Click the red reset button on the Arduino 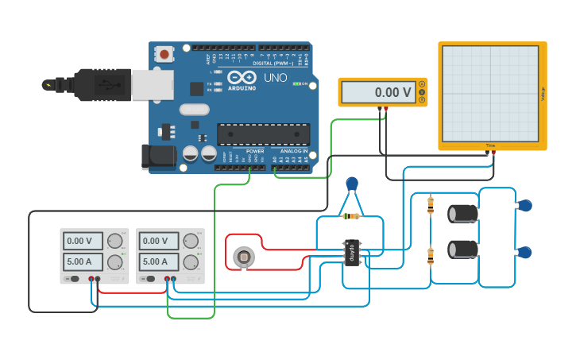(x=164, y=54)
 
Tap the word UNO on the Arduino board (x=275, y=78)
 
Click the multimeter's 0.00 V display (x=377, y=92)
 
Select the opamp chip (x=351, y=253)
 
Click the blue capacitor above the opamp (x=352, y=184)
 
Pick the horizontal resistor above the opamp (x=350, y=215)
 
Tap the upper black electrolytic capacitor (x=463, y=214)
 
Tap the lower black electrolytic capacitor (x=463, y=249)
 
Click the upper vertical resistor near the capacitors (x=431, y=206)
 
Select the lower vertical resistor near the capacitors (x=431, y=256)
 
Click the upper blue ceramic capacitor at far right (x=524, y=206)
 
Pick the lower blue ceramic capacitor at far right (x=524, y=253)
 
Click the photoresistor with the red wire (x=243, y=257)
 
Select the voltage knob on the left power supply (x=114, y=241)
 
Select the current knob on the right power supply (x=191, y=261)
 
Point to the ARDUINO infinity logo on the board (x=242, y=78)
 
